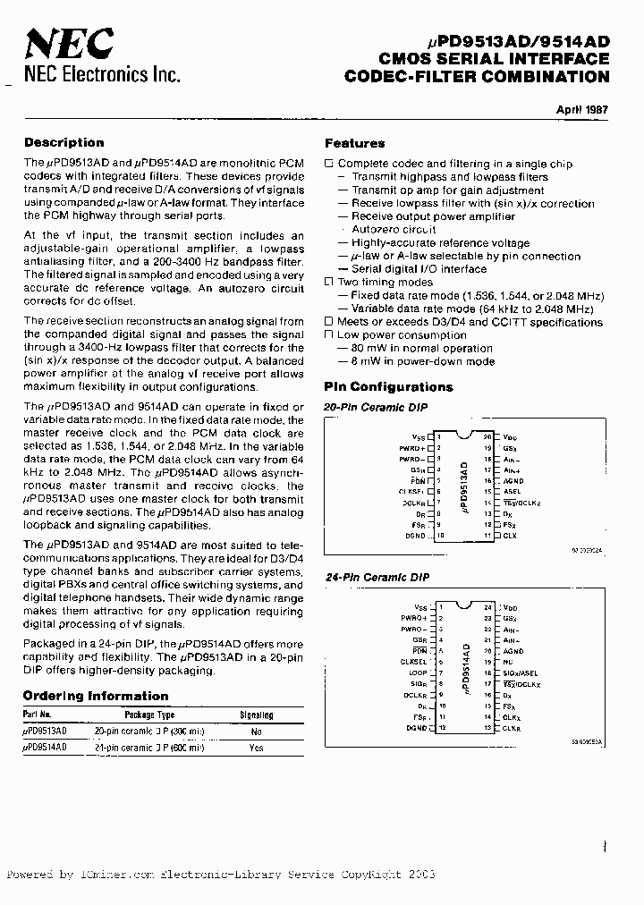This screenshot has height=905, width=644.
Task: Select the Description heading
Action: [64, 142]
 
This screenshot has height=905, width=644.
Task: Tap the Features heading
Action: [354, 143]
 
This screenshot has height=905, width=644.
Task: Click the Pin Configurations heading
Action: [388, 387]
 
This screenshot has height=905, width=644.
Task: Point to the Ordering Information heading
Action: [95, 696]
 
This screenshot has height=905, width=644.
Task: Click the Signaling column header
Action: [257, 715]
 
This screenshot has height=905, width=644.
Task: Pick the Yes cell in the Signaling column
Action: [257, 747]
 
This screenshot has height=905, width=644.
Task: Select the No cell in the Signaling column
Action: [257, 731]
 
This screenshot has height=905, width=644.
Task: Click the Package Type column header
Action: [149, 715]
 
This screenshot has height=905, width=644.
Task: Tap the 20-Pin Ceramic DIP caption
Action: [376, 408]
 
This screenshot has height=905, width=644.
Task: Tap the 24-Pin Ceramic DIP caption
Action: [376, 578]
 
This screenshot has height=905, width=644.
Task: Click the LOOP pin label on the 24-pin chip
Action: [418, 672]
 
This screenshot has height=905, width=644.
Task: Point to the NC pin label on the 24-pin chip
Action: [507, 662]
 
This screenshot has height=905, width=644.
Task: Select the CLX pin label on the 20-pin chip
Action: [509, 535]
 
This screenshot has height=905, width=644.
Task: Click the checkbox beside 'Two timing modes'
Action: [328, 283]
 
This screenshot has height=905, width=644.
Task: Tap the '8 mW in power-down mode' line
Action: [416, 361]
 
